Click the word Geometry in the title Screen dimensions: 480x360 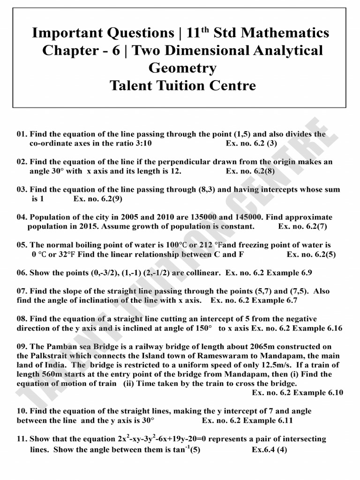coord(182,68)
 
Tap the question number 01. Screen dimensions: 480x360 coord(22,134)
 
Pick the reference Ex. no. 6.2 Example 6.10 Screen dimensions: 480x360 coord(297,392)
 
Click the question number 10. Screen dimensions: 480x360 coord(22,411)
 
